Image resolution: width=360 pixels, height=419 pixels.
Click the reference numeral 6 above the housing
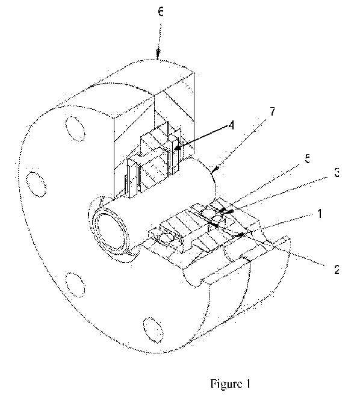click(x=160, y=12)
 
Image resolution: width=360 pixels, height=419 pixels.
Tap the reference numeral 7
click(x=272, y=111)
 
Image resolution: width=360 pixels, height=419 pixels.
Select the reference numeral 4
click(x=231, y=125)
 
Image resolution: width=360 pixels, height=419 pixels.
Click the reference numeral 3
click(x=337, y=172)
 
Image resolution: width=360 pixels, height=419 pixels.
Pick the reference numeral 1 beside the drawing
click(x=320, y=214)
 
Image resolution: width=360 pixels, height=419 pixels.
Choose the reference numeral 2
click(x=337, y=269)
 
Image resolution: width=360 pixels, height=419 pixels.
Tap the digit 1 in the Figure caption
click(x=248, y=383)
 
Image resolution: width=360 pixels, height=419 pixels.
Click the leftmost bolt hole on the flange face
click(x=36, y=184)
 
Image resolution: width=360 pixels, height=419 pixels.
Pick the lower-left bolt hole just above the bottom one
click(x=76, y=285)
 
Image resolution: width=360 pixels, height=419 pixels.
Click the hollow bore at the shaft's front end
click(x=112, y=232)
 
